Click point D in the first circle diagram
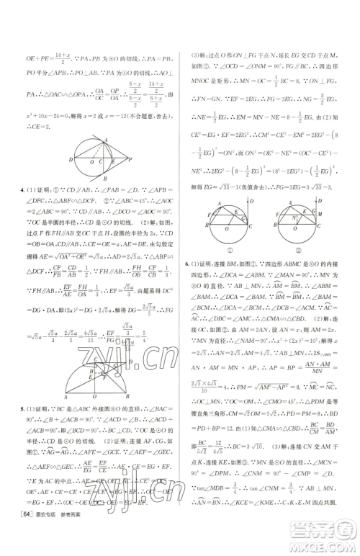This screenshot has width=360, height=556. [x=71, y=158]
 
